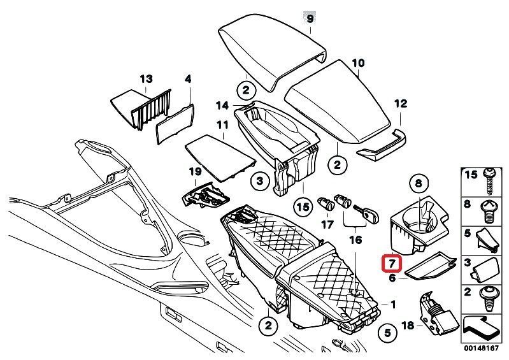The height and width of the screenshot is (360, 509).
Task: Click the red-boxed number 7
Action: (391, 263)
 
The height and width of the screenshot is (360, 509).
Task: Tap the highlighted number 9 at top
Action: (310, 19)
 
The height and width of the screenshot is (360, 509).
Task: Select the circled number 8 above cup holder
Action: (418, 184)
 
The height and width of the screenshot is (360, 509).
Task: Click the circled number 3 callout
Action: (259, 182)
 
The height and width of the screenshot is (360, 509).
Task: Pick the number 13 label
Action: (146, 79)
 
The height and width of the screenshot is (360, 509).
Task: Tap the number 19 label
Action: (194, 171)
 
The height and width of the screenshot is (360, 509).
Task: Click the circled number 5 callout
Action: (386, 331)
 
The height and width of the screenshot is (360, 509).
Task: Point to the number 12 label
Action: (399, 103)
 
